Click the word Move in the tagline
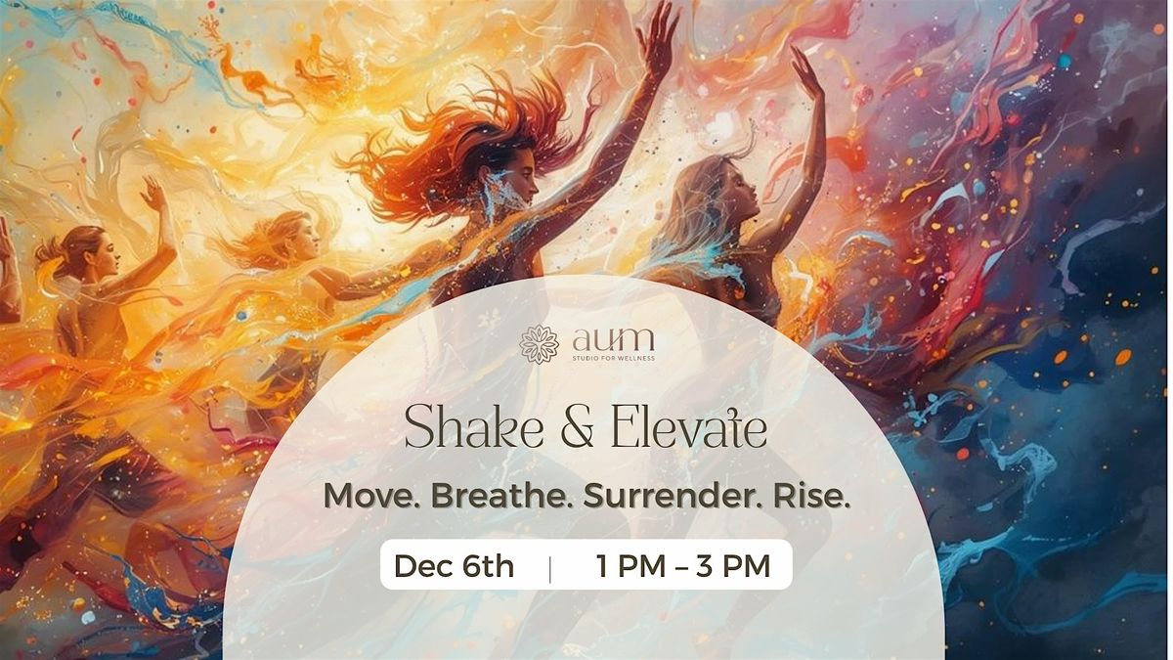[370, 496]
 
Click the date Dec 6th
[454, 565]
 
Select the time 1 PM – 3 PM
[683, 565]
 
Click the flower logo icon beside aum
[539, 344]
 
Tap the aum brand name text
[614, 340]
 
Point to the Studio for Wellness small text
[614, 358]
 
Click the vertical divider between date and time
[549, 566]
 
